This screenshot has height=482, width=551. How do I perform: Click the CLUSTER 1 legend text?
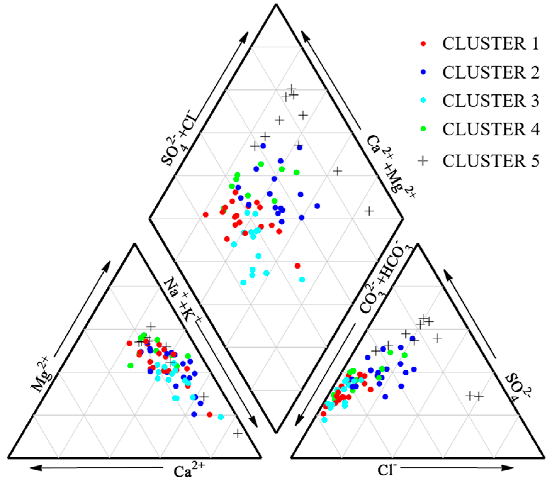tap(490, 44)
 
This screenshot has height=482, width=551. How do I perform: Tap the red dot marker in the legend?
tap(423, 44)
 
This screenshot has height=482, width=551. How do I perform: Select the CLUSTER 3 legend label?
tap(490, 101)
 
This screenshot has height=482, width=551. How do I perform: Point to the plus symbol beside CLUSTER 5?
tap(423, 161)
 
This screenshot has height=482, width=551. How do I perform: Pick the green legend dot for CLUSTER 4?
tap(423, 129)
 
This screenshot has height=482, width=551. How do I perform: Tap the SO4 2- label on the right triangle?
tap(516, 387)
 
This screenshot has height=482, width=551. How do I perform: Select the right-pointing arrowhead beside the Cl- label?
tap(508, 468)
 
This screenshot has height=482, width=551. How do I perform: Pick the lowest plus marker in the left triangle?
tap(238, 434)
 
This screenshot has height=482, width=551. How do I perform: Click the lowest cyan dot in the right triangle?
tap(324, 419)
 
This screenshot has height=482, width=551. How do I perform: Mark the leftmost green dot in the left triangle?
tap(131, 365)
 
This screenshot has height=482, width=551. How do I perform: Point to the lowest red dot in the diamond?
tap(297, 266)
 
